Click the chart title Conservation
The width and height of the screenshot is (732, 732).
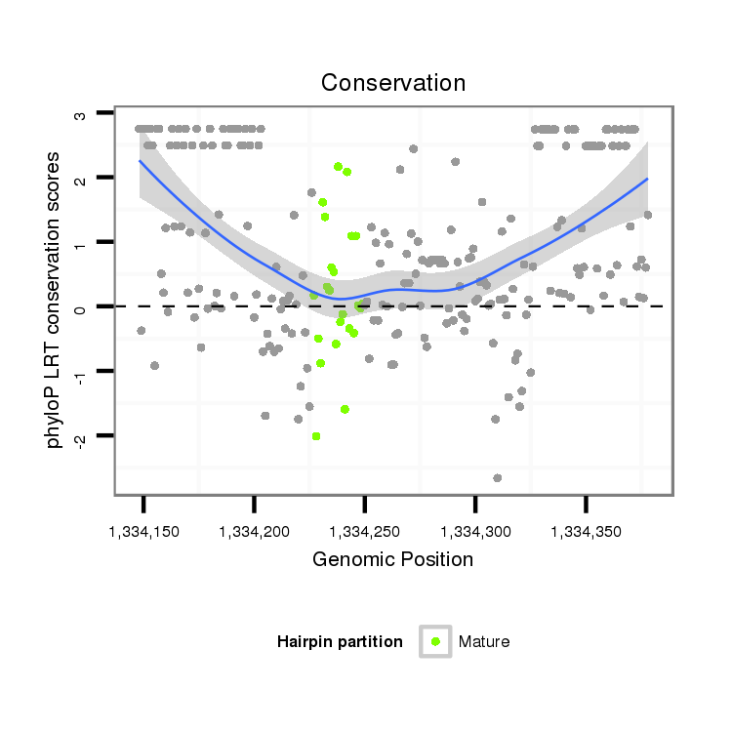(393, 83)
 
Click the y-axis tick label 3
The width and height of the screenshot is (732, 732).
(81, 115)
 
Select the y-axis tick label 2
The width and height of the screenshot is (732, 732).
(81, 179)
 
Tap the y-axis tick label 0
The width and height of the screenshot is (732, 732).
(81, 307)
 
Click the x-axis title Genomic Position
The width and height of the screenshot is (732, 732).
(392, 560)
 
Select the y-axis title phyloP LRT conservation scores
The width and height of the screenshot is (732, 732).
(55, 300)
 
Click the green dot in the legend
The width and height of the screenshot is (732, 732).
(435, 641)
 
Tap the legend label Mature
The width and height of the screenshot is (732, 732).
(484, 641)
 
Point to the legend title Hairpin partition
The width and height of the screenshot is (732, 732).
(340, 641)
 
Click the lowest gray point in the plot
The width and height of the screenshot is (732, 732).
(497, 478)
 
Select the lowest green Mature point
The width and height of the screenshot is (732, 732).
(316, 436)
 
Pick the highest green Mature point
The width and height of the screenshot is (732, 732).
(338, 167)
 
